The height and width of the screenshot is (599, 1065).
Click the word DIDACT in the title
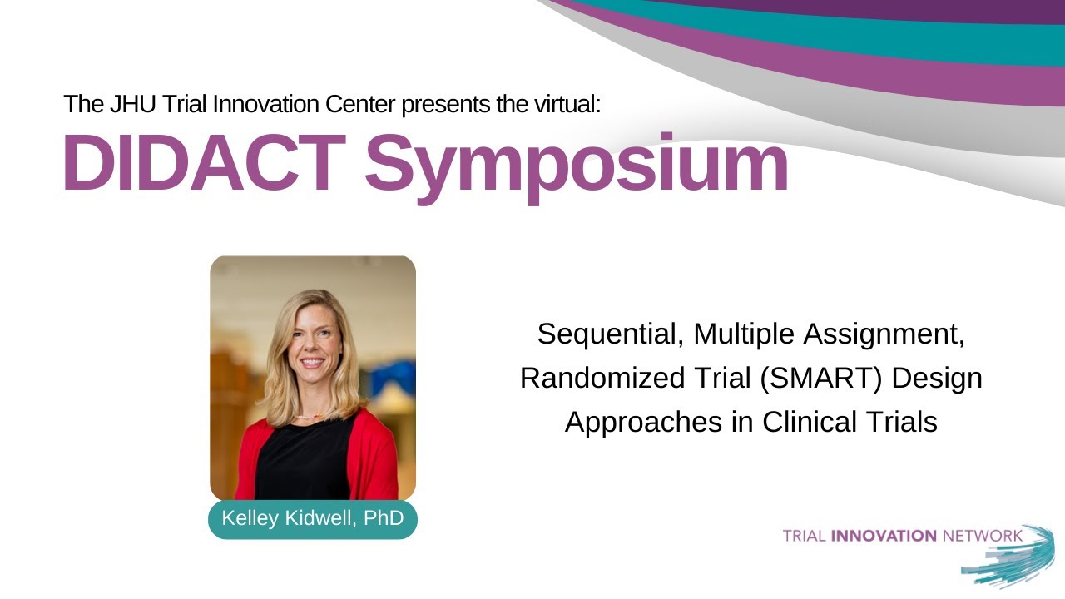tap(202, 164)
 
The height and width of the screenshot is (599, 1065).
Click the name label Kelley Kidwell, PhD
tap(312, 519)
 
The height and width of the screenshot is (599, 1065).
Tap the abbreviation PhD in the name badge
tap(384, 519)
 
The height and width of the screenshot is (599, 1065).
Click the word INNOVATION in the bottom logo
tap(884, 536)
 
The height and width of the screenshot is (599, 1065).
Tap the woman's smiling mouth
tap(312, 363)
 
